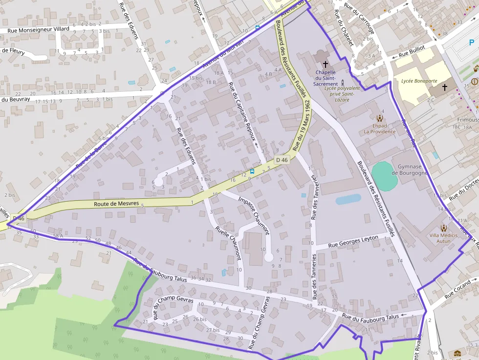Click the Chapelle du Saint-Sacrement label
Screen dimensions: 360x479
(326, 78)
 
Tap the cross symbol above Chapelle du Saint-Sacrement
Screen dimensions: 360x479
(326, 64)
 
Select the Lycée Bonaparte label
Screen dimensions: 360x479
(418, 81)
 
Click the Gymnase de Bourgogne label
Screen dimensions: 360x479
(410, 169)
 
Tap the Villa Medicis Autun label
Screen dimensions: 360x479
(443, 238)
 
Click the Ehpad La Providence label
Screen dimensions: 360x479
(379, 128)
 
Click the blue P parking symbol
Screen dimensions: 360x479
(471, 42)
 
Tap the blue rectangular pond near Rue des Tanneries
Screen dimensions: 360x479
(348, 199)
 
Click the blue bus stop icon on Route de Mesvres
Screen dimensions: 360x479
(252, 171)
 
